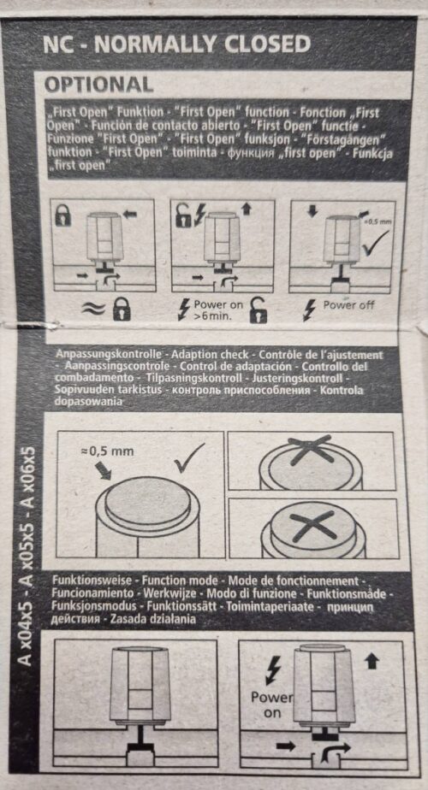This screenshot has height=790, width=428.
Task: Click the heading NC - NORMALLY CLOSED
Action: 177,44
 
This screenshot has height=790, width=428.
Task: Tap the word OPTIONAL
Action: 99,84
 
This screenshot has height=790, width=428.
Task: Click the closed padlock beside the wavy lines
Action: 122,309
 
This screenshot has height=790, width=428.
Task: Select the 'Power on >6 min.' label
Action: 217,310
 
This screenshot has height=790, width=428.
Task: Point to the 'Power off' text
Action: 348,304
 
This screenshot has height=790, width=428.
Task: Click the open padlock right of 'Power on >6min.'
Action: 259,310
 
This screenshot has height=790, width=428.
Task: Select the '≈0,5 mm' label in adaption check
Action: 107,451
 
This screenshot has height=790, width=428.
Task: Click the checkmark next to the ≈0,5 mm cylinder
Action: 189,457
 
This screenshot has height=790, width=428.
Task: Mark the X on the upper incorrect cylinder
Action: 311,450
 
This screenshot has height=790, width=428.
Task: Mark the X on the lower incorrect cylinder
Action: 312,526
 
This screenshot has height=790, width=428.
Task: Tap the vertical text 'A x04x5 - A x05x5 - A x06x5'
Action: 26,555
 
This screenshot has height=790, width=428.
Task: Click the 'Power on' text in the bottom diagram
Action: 272,705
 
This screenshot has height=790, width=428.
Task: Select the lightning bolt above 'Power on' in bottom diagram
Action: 272,670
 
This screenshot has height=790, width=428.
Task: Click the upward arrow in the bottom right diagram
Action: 372,660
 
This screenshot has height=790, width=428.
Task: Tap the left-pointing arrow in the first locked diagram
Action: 130,214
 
